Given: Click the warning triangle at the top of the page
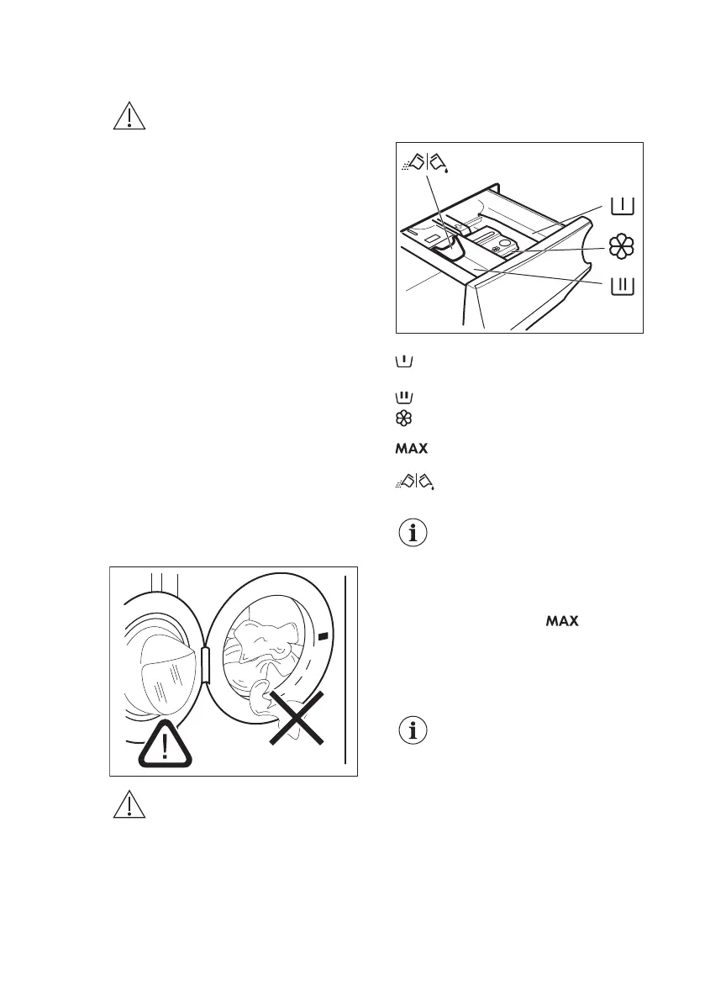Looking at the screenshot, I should coord(129,117).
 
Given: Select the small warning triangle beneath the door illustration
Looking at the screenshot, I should coord(129,805).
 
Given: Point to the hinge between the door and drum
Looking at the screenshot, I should coord(203,667).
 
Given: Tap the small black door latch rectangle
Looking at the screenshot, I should coord(325,637).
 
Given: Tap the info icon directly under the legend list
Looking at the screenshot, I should coord(412,533).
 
